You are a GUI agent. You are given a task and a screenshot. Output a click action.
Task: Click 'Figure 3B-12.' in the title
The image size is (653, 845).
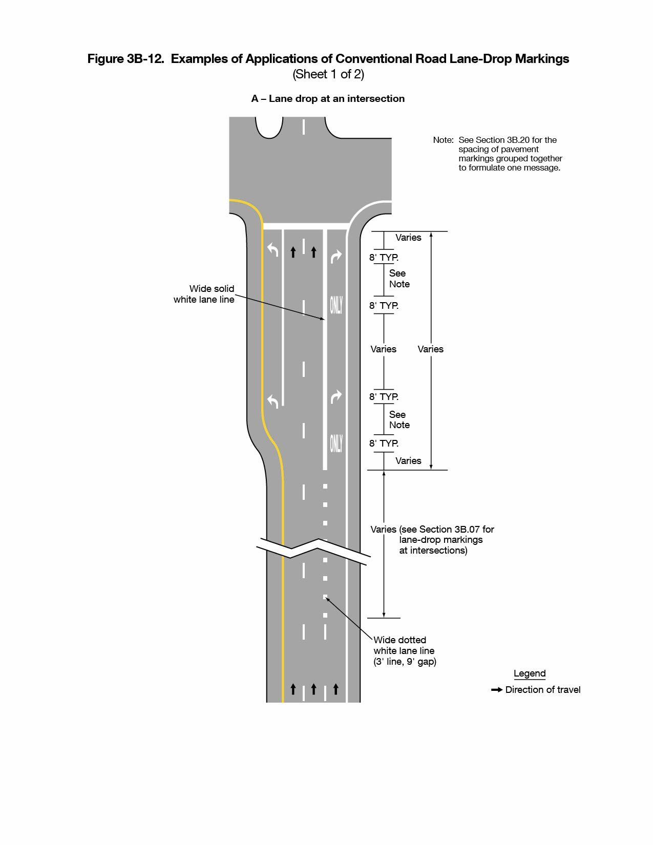pyautogui.click(x=126, y=59)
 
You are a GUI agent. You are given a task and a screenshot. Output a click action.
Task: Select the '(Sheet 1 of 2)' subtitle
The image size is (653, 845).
pyautogui.click(x=328, y=74)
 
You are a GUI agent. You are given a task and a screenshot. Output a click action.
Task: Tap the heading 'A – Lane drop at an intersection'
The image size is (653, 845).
pyautogui.click(x=328, y=99)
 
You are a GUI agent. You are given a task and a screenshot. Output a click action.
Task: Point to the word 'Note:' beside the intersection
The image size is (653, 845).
pyautogui.click(x=443, y=140)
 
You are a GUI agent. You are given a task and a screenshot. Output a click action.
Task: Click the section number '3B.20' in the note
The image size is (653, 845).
pyautogui.click(x=518, y=140)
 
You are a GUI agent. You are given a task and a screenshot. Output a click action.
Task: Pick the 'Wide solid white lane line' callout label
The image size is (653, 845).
pyautogui.click(x=204, y=294)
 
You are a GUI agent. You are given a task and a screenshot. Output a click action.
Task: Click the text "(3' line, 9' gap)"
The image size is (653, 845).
pyautogui.click(x=405, y=662)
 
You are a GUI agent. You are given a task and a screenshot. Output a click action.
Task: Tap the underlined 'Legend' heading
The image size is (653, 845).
pyautogui.click(x=530, y=673)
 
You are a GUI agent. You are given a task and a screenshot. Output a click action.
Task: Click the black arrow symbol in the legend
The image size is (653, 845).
pyautogui.click(x=496, y=690)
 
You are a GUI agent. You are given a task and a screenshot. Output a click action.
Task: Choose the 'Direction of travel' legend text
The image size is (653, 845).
pyautogui.click(x=543, y=690)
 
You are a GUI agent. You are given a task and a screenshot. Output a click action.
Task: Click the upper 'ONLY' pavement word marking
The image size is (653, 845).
pyautogui.click(x=336, y=305)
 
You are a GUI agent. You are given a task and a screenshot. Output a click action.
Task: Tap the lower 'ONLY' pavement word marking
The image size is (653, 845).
pyautogui.click(x=336, y=443)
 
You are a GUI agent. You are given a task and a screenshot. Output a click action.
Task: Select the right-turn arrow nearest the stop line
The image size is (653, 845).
pyautogui.click(x=336, y=256)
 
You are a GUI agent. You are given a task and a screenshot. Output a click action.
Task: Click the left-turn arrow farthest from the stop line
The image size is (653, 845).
pyautogui.click(x=273, y=401)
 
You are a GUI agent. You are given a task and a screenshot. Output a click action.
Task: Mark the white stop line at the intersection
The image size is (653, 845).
pyautogui.click(x=306, y=226)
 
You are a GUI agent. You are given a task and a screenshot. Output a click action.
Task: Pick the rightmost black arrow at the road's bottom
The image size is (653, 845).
pyautogui.click(x=336, y=689)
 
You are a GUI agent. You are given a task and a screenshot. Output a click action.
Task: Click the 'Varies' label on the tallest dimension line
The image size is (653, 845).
pyautogui.click(x=430, y=349)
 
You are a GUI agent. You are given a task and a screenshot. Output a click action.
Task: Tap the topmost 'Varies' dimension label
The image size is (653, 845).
pyautogui.click(x=408, y=238)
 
